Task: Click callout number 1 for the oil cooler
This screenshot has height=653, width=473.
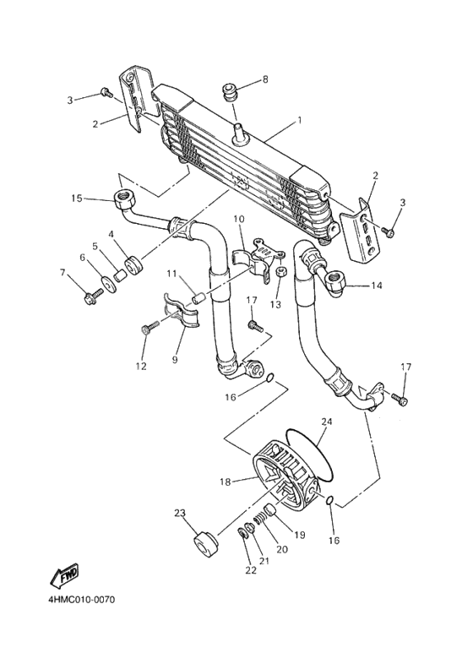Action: [x=298, y=121]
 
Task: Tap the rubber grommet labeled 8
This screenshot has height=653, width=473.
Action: [x=228, y=90]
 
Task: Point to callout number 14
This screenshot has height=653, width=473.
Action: [x=377, y=286]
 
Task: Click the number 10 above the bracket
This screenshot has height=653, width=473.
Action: [x=239, y=220]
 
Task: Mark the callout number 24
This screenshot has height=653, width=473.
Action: [x=326, y=420]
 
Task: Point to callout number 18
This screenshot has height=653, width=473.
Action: [x=225, y=482]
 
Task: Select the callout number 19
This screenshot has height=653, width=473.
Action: [x=299, y=535]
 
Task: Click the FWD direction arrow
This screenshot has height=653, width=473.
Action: [x=65, y=577]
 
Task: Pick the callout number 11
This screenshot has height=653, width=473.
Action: [x=171, y=274]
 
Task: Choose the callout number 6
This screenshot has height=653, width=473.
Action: [x=83, y=257]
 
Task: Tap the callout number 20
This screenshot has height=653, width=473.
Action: [x=282, y=550]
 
